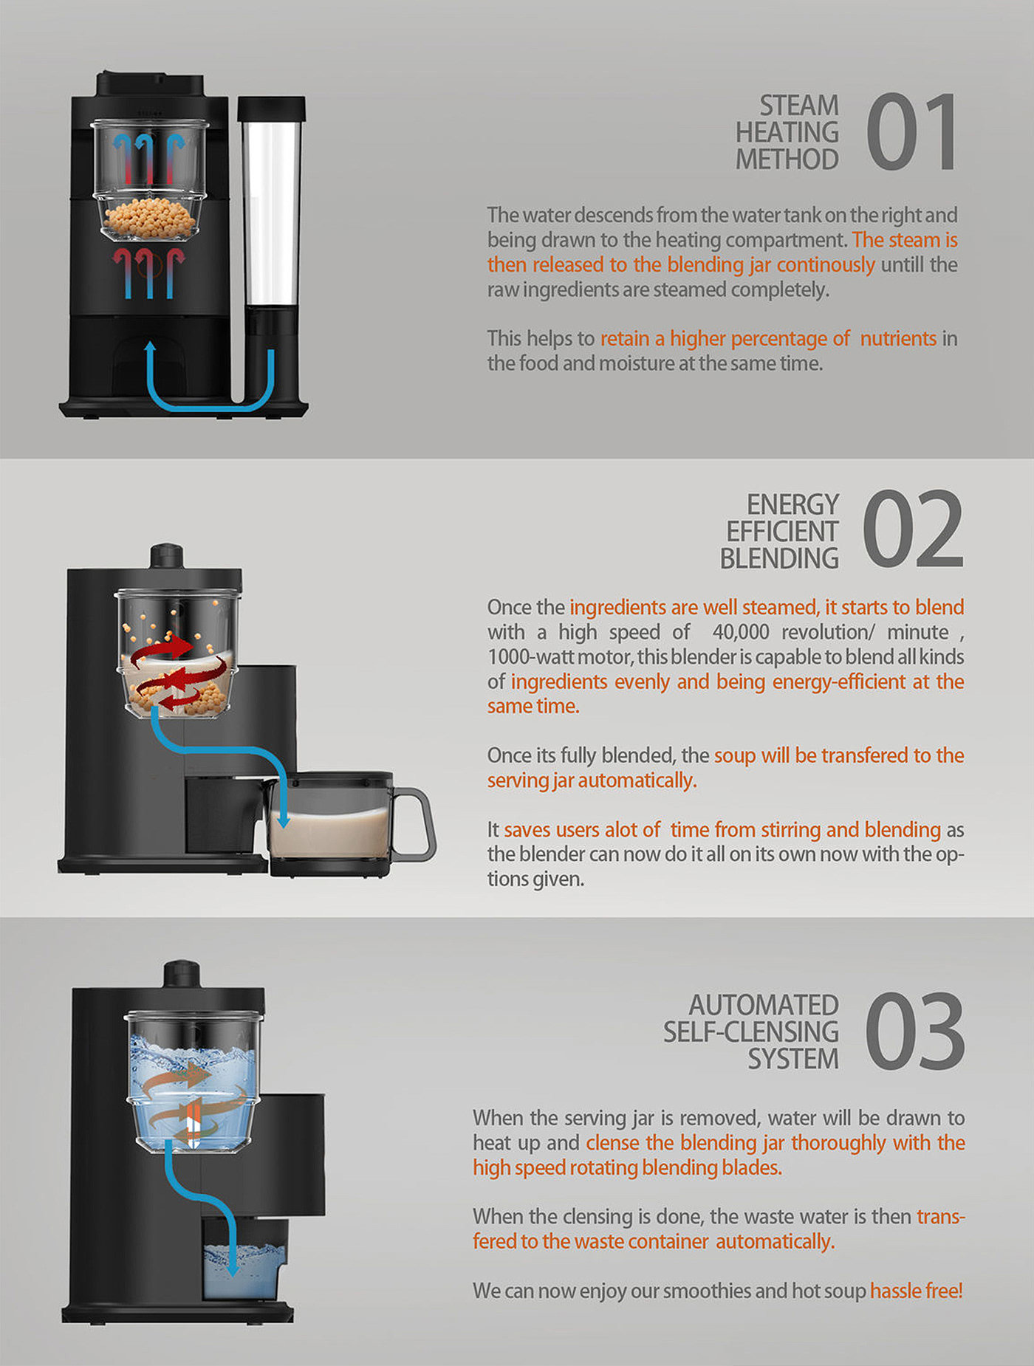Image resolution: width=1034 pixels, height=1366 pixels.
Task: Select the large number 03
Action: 914,1031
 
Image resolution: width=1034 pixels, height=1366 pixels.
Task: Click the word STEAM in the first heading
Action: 799,106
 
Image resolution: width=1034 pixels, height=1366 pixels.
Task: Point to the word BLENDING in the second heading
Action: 779,558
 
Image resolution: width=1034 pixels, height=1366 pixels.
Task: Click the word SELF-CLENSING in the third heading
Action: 750,1032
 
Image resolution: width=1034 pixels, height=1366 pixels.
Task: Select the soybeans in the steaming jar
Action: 151,218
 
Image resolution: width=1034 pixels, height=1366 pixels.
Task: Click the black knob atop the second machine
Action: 167,555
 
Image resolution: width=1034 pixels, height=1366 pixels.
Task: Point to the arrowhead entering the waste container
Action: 232,1267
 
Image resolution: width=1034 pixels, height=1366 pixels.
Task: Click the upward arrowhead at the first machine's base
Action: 151,348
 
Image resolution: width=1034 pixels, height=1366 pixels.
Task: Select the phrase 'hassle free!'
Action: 916,1291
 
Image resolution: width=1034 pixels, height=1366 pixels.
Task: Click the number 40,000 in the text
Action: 741,633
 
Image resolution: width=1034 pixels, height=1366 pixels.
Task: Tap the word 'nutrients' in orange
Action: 898,338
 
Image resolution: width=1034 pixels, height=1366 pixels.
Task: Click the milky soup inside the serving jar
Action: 330,832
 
